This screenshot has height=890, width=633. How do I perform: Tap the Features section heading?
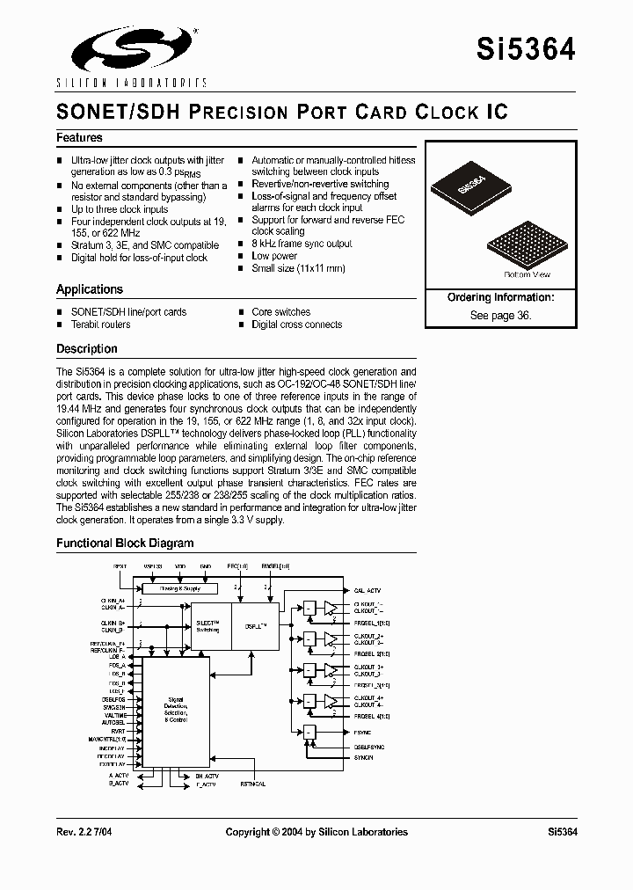click(79, 138)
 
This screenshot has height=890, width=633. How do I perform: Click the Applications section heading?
click(89, 289)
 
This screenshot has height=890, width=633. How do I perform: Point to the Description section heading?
click(86, 349)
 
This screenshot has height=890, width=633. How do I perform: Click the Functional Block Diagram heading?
click(125, 543)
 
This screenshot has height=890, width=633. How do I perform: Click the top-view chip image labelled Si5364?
click(471, 188)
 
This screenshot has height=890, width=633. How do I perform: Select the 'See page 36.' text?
click(500, 315)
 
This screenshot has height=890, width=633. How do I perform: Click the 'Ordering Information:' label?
click(500, 298)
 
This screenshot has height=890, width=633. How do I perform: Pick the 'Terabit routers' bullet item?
click(100, 325)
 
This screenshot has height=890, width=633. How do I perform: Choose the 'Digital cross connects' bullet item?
click(296, 325)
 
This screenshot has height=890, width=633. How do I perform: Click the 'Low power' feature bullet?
click(274, 256)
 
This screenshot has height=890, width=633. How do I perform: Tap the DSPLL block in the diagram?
click(256, 625)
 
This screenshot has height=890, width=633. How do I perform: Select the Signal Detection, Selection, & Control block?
click(176, 710)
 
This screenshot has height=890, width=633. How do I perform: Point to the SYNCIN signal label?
click(363, 758)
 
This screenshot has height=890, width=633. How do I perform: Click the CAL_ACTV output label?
click(367, 590)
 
